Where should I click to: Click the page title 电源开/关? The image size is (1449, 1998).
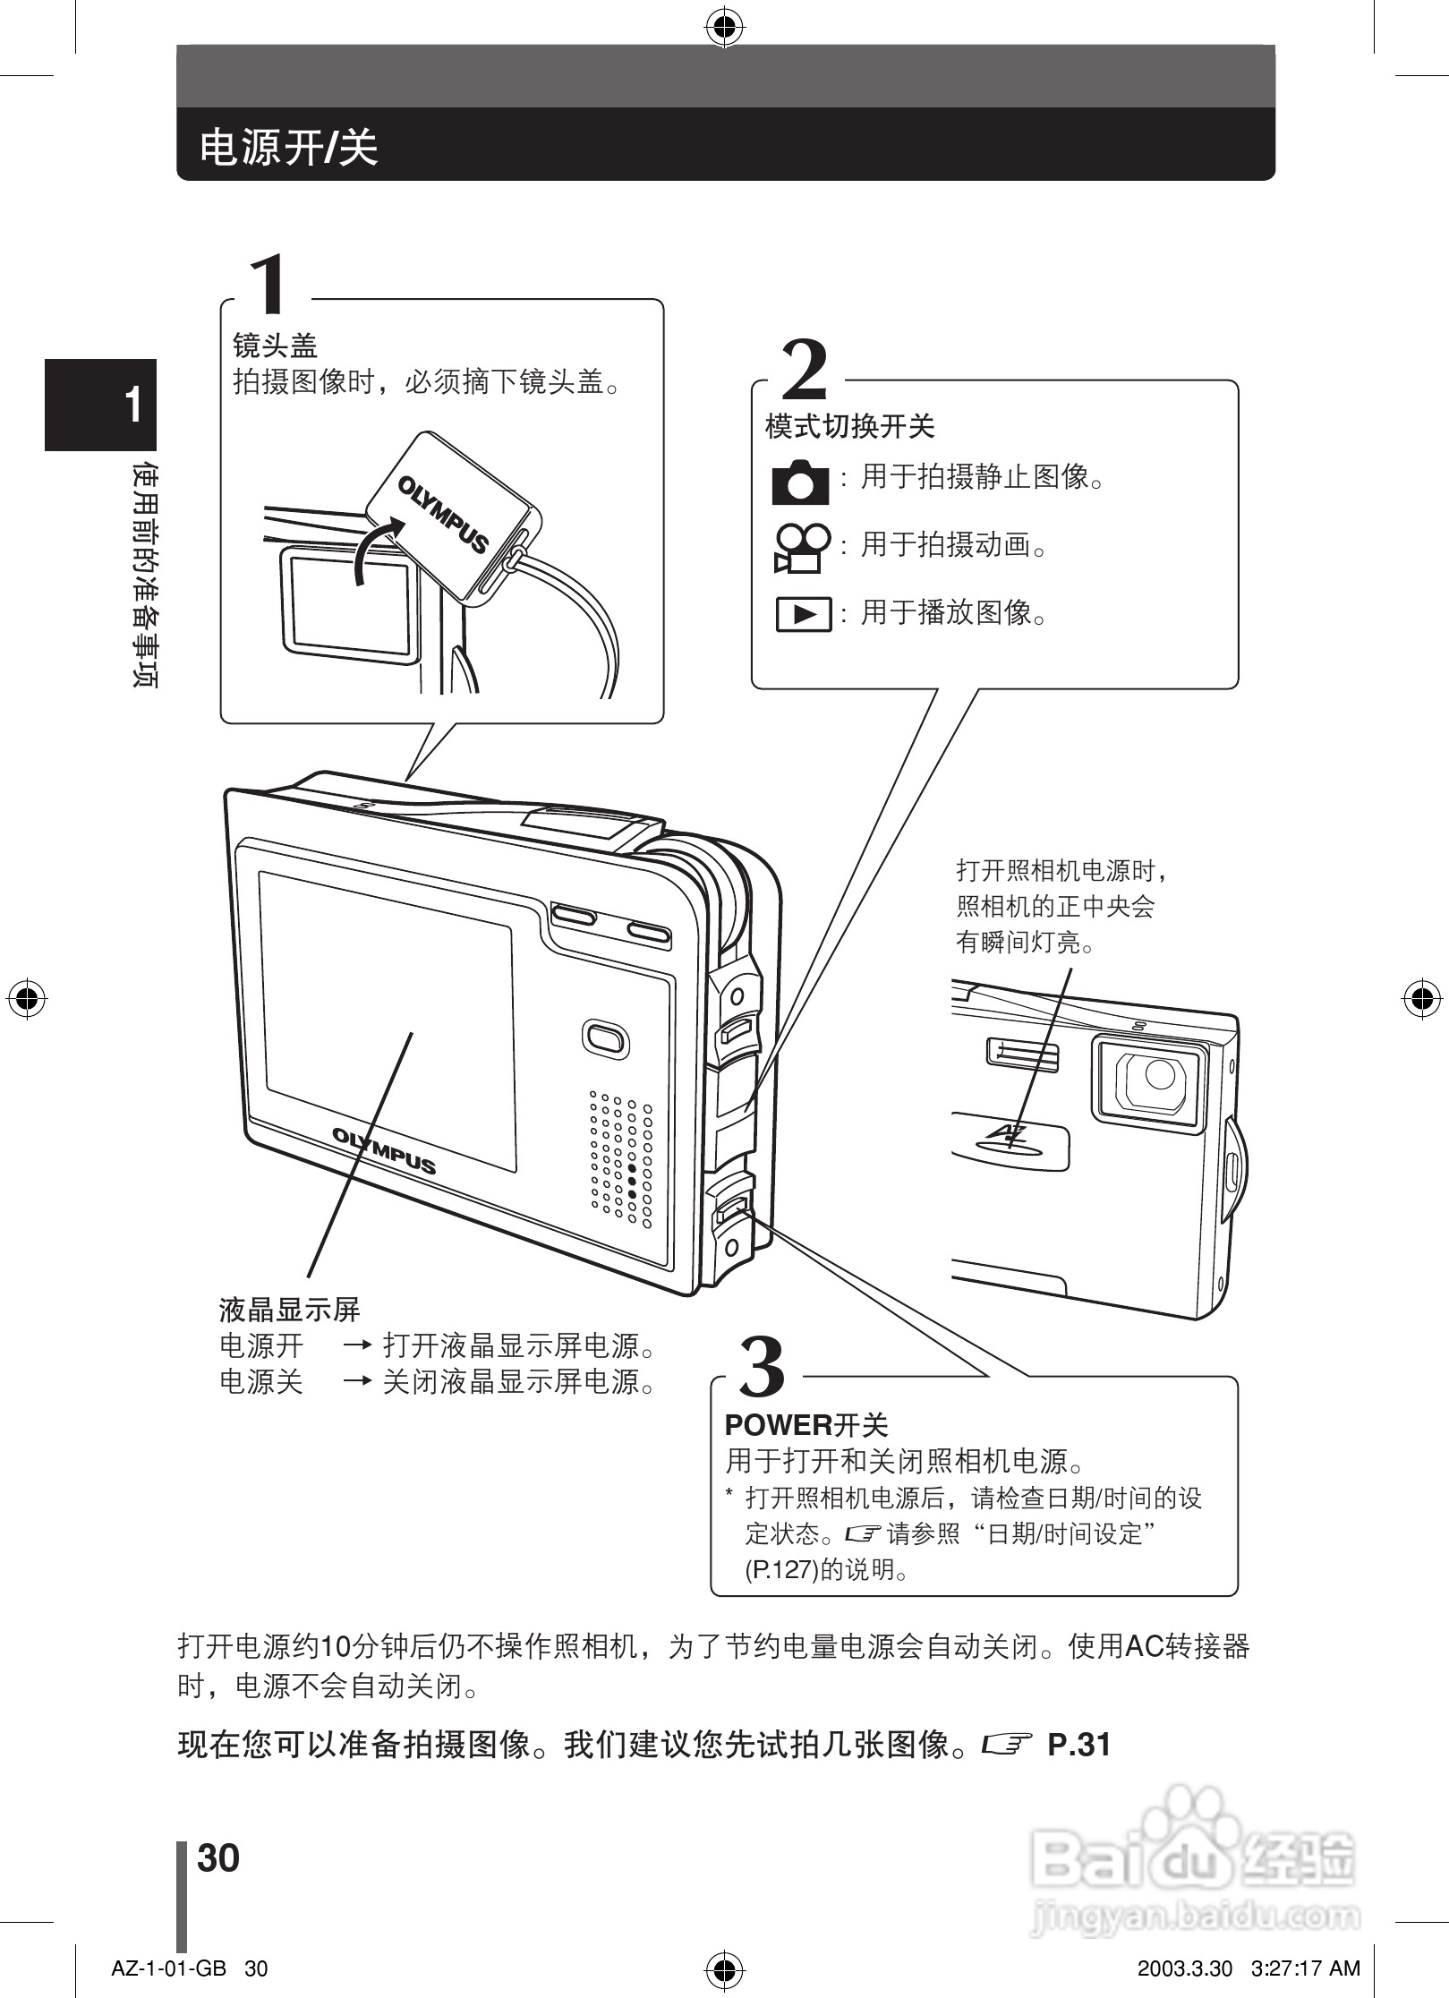288,146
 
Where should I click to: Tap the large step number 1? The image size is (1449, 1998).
270,284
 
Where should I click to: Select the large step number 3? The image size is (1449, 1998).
762,1367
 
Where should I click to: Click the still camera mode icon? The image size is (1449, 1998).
799,482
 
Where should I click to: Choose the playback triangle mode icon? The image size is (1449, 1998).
803,615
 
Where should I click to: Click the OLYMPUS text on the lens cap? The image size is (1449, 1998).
444,516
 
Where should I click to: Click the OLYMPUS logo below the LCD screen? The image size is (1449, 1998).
384,1151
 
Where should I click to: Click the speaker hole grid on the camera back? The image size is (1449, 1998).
620,1159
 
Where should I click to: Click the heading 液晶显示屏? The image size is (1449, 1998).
289,1311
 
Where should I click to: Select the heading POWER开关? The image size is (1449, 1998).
805,1425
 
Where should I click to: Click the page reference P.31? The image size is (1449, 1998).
1078,1745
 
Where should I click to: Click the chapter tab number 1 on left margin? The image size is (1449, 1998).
132,406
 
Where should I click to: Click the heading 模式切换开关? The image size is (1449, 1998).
849,426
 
